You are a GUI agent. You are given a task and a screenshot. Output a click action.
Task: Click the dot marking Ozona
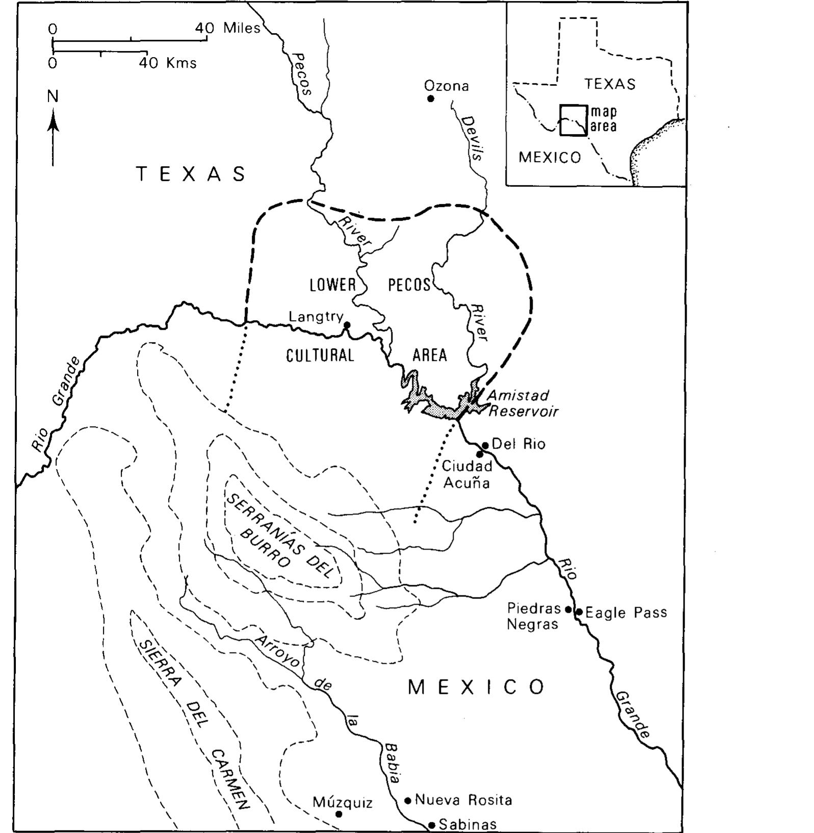coord(430,98)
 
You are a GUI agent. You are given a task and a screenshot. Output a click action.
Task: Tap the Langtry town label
coord(316,317)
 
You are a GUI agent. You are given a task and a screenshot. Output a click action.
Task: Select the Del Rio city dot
coord(485,445)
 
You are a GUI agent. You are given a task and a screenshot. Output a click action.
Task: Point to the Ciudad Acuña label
coord(467,474)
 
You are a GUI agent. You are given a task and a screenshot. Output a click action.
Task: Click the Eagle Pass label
coord(626,612)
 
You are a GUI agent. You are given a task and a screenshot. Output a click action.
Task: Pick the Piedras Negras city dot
coord(569,609)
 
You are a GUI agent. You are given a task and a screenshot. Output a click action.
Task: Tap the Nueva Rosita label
coord(463,800)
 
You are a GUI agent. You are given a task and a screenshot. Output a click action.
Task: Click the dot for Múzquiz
coord(339,814)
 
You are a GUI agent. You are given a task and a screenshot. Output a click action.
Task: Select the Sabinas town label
coord(467,824)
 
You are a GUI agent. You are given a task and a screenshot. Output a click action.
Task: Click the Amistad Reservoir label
coord(522,403)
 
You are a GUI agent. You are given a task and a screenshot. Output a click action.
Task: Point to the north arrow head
coord(53,124)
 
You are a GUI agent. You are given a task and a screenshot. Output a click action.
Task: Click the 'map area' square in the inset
coord(573,120)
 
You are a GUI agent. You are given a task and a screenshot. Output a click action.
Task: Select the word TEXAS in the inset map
coord(610,84)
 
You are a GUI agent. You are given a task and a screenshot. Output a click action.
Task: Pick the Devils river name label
coord(473,139)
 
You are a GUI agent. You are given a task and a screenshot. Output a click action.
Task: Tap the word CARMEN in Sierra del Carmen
coord(231,779)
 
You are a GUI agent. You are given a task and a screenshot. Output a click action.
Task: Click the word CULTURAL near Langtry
coord(320,355)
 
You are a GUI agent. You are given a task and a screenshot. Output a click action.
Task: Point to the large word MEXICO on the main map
coord(477,688)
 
